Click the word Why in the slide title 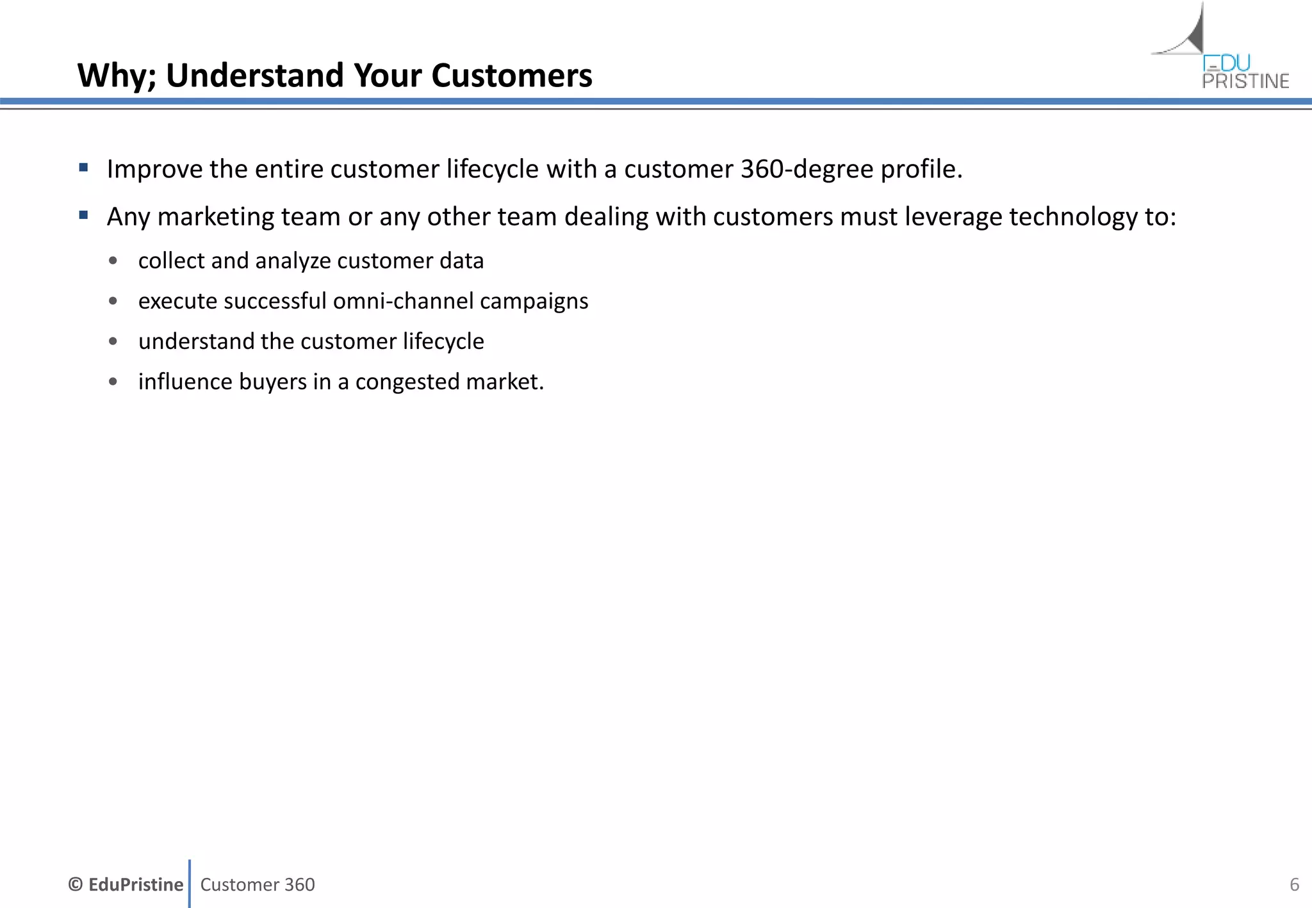click(115, 76)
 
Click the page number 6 click(1294, 884)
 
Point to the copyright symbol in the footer click(76, 884)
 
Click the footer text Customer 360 click(257, 884)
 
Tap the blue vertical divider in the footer click(190, 884)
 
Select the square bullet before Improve click(83, 168)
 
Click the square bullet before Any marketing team click(83, 216)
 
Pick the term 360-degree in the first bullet click(807, 169)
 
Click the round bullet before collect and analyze click(113, 261)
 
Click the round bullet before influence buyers click(113, 382)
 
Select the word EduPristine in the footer click(135, 884)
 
